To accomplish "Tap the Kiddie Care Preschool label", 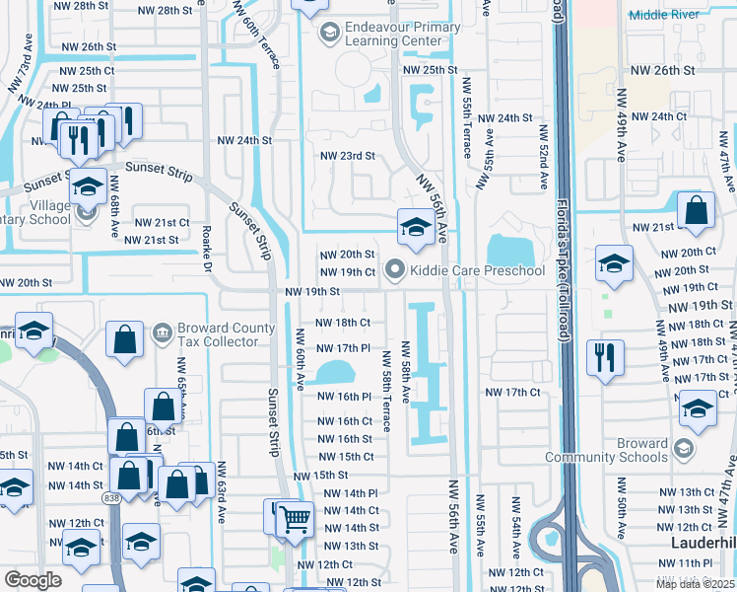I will pyautogui.click(x=478, y=270).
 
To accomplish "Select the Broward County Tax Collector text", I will pyautogui.click(x=218, y=335).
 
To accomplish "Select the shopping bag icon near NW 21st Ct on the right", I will pyautogui.click(x=696, y=210).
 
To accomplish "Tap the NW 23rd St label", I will pyautogui.click(x=347, y=156).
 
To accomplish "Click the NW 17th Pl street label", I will pyautogui.click(x=343, y=348).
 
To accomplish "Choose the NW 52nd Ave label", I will pyautogui.click(x=543, y=158).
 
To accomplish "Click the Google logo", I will pyautogui.click(x=33, y=580).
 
